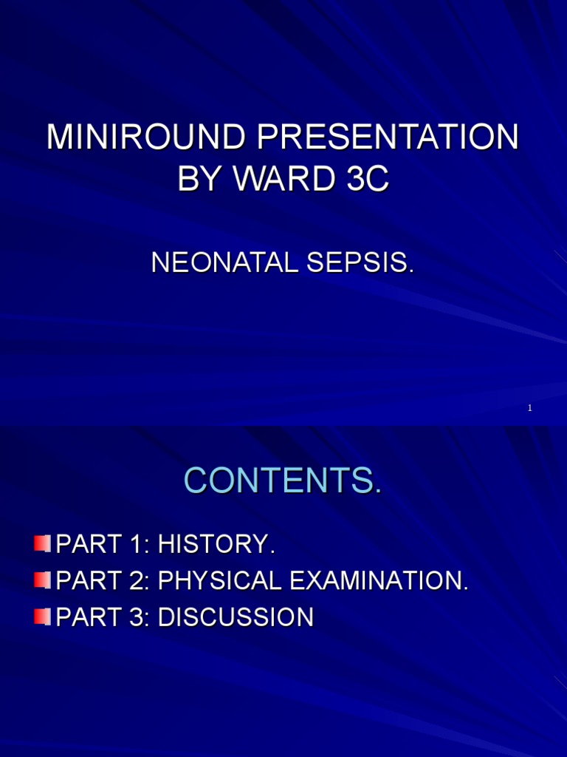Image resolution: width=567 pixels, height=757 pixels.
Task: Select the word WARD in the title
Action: (280, 180)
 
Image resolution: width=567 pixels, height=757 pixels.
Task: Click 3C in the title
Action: (366, 180)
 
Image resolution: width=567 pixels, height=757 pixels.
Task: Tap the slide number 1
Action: (530, 409)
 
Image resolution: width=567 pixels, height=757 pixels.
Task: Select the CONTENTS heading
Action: (283, 481)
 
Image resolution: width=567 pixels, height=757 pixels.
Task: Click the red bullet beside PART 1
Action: (42, 545)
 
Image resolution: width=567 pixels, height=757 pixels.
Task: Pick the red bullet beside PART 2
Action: (42, 580)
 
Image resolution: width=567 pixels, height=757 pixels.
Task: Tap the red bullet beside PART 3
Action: (42, 617)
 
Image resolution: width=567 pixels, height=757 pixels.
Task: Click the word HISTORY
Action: (216, 545)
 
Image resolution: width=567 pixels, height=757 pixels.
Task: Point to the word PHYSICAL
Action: (220, 581)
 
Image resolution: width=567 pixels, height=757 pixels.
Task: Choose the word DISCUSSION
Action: (236, 617)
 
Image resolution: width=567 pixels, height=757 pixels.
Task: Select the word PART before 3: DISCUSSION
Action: (85, 617)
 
